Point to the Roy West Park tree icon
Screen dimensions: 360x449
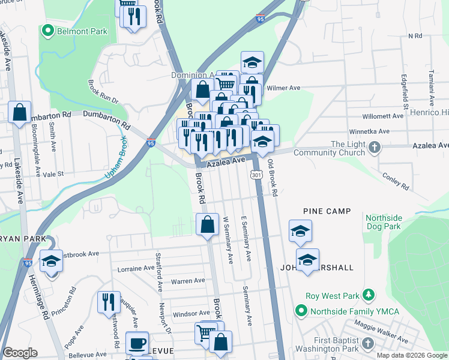(x=371, y=295)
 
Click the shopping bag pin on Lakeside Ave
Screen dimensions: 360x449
(x=19, y=112)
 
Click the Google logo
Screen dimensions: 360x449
(x=20, y=353)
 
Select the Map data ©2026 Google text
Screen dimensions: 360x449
(x=411, y=355)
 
